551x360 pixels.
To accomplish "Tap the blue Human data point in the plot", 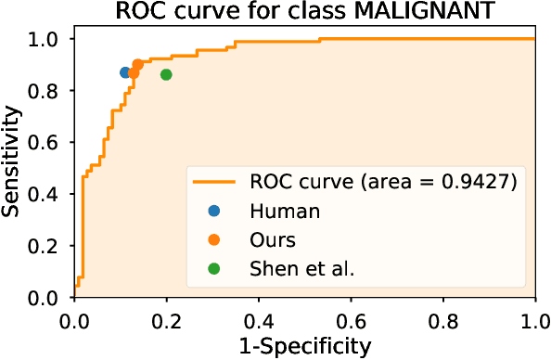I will coord(125,72).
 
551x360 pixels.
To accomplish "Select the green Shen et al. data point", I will coord(166,74).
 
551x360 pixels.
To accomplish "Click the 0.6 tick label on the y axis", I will coord(45,143).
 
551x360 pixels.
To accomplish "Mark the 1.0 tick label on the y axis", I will coord(45,40).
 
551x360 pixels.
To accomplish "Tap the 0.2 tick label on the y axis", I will coord(45,247).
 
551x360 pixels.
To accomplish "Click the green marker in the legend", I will coord(215,269).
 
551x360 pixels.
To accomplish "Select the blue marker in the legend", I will coord(215,211).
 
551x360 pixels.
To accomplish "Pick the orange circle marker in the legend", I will coord(215,239).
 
